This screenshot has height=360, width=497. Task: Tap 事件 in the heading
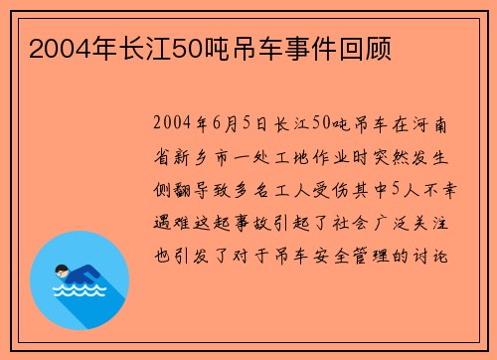(x=311, y=47)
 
